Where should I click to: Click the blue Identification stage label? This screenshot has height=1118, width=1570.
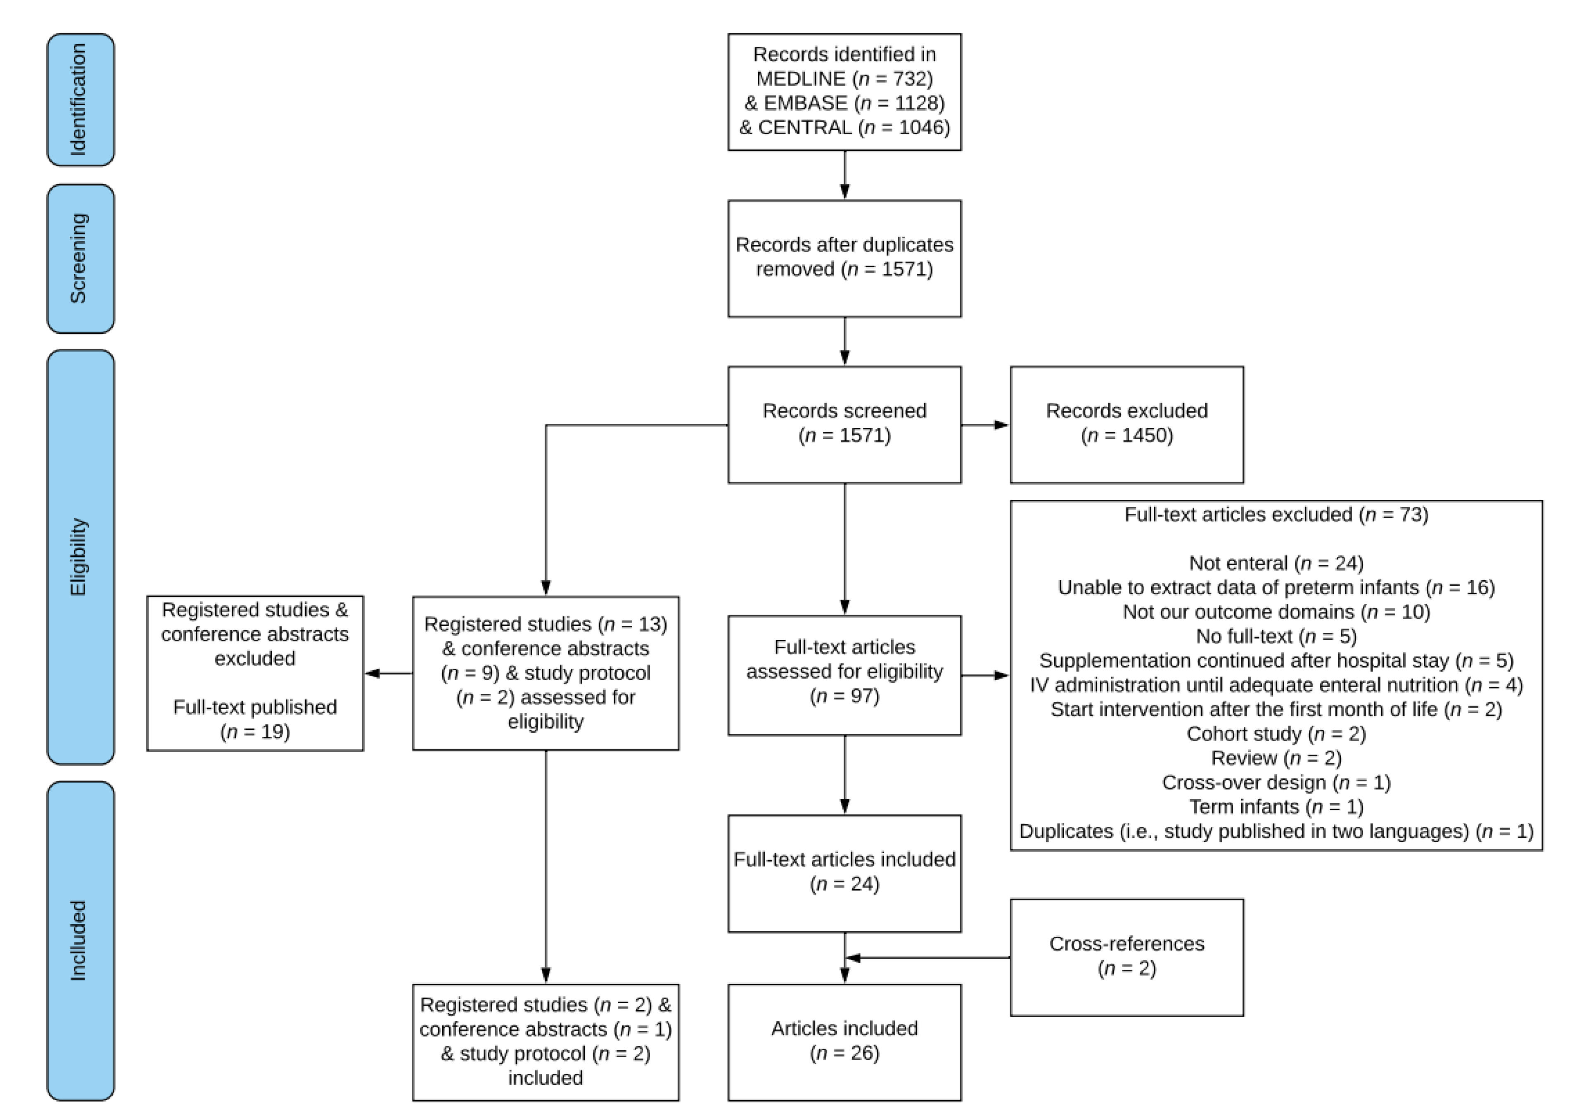tap(81, 100)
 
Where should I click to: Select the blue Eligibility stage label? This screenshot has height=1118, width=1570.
tap(81, 556)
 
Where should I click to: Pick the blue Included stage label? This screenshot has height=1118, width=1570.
tap(81, 940)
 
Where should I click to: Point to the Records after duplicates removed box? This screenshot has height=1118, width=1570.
tap(844, 258)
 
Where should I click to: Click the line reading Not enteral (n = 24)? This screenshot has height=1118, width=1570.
tap(1276, 563)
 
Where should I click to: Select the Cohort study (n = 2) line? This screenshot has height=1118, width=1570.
tap(1276, 734)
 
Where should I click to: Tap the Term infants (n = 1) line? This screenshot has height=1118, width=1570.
tap(1276, 807)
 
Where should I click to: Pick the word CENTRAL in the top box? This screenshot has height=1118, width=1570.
tap(804, 127)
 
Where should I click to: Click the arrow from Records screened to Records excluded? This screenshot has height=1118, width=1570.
tap(985, 425)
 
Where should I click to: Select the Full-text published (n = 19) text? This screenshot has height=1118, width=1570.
tap(255, 719)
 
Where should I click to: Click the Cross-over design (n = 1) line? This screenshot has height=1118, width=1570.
tap(1276, 783)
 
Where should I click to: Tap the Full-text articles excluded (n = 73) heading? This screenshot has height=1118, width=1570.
tap(1276, 515)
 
